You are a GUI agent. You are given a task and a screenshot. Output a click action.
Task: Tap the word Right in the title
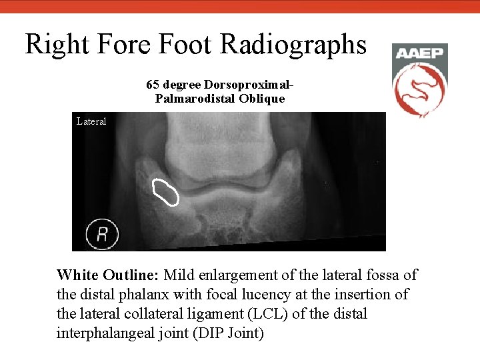coord(55,45)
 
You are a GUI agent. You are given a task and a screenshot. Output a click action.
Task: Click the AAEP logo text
coord(419,53)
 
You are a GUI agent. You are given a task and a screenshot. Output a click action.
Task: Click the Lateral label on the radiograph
coord(91,121)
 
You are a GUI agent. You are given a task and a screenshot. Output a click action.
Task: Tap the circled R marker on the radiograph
coord(103,234)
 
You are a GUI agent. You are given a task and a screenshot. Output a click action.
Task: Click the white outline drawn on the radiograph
coord(165,192)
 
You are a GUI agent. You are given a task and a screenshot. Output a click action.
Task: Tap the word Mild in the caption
coord(178,275)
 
